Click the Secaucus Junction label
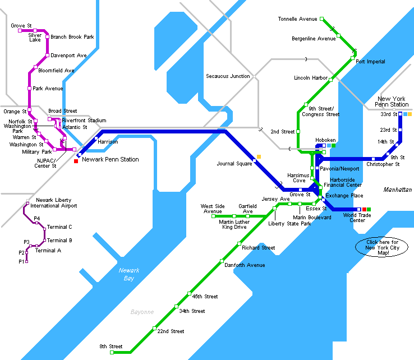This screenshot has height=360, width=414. click(x=228, y=76)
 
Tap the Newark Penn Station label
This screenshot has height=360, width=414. click(x=111, y=160)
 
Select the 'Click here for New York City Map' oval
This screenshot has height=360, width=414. click(x=382, y=247)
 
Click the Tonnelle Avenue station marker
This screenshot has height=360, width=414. click(x=322, y=19)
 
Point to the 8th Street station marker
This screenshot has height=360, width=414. click(x=112, y=353)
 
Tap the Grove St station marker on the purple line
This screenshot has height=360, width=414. click(x=20, y=31)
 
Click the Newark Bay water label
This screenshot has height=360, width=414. click(x=130, y=274)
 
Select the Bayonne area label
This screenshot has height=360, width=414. click(x=142, y=312)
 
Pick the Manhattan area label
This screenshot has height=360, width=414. click(x=398, y=190)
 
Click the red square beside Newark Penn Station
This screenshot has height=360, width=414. click(x=76, y=161)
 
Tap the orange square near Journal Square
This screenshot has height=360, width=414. click(x=259, y=156)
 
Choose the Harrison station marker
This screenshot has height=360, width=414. click(x=96, y=138)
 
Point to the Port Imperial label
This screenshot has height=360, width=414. click(x=370, y=62)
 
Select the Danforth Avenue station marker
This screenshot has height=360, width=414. click(x=222, y=261)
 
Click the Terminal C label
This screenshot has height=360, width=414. click(x=59, y=227)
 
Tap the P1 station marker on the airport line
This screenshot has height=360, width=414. click(x=26, y=261)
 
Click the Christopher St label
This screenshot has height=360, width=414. click(x=383, y=164)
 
